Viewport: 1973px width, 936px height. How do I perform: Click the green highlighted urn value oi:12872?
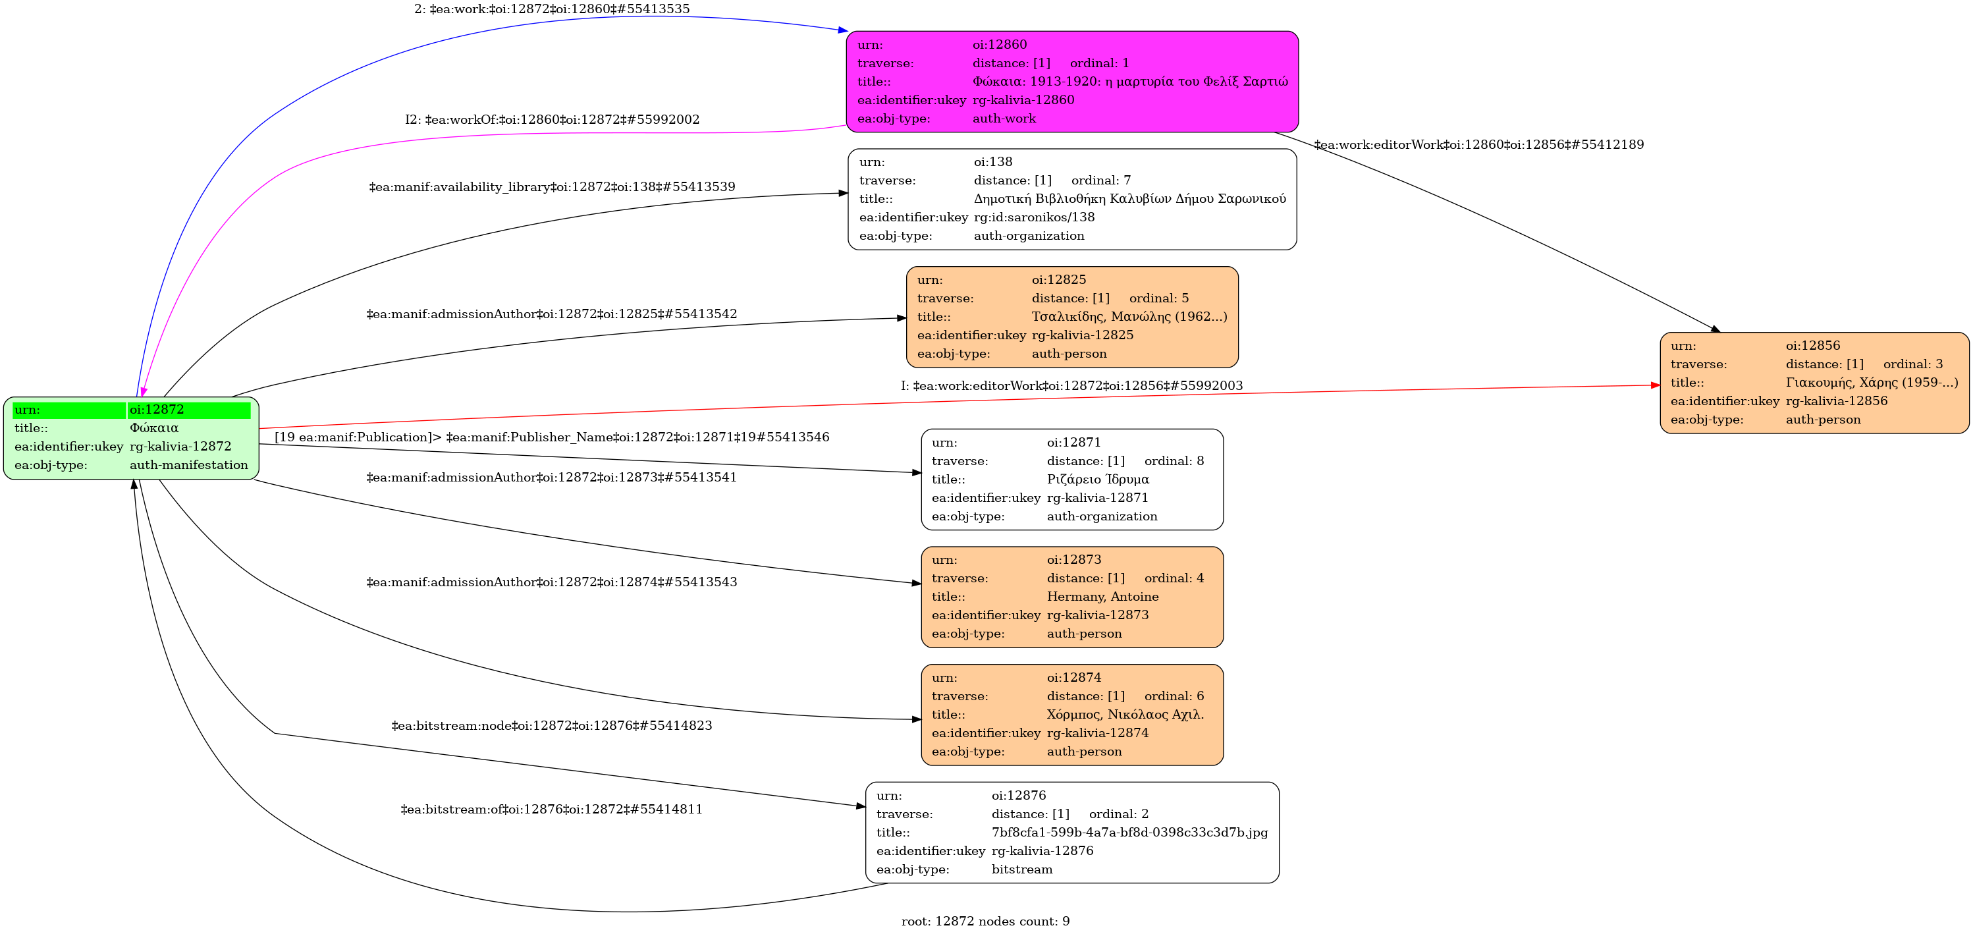(157, 410)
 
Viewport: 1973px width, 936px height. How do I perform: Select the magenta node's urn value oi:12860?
(1000, 44)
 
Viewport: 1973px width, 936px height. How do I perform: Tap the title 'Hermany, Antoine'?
(1102, 597)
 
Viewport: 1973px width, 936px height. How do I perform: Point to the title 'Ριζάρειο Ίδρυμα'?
(1098, 480)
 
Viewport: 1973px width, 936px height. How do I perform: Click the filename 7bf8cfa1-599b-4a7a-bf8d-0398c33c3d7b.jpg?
(1129, 833)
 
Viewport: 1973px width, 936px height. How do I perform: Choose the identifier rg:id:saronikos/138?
(1034, 217)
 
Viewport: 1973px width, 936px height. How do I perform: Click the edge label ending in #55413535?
(551, 9)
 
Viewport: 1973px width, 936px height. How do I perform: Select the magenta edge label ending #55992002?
(551, 119)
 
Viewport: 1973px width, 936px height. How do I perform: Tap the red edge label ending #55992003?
(1071, 386)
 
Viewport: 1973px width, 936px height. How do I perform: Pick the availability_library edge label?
(551, 187)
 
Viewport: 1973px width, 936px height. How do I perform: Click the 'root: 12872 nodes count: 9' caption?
(985, 922)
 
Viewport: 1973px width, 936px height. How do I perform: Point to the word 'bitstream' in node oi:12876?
(1022, 869)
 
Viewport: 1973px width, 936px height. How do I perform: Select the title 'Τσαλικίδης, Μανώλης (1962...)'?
(1129, 317)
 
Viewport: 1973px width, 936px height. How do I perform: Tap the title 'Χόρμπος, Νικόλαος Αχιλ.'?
(1125, 715)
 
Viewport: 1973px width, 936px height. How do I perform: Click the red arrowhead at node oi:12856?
(1655, 385)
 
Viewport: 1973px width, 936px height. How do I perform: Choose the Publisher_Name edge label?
(551, 437)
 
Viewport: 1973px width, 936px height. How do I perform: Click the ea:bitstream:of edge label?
(551, 810)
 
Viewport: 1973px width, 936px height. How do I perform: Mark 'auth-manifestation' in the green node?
(188, 465)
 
